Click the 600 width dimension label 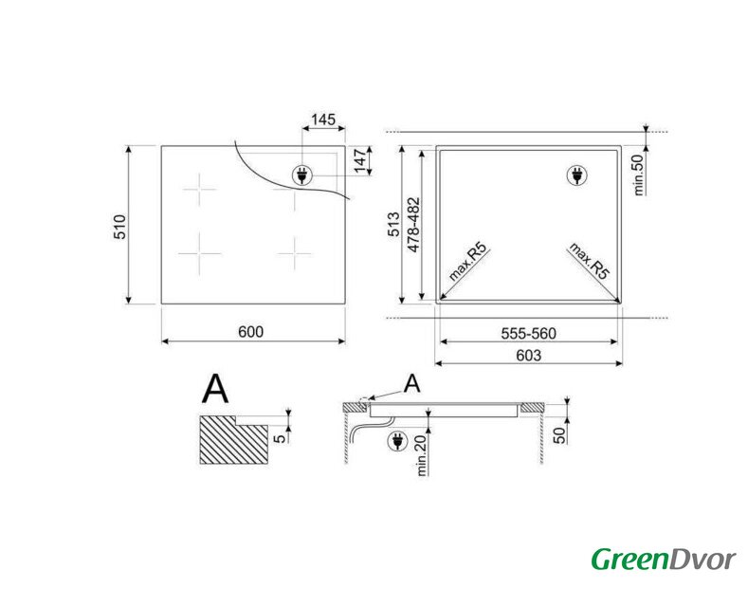(250, 332)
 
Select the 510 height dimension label (119, 227)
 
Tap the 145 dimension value (323, 120)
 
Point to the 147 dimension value (360, 161)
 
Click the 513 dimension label (394, 224)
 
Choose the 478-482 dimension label (413, 225)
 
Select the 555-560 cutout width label (529, 333)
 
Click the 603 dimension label (529, 356)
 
